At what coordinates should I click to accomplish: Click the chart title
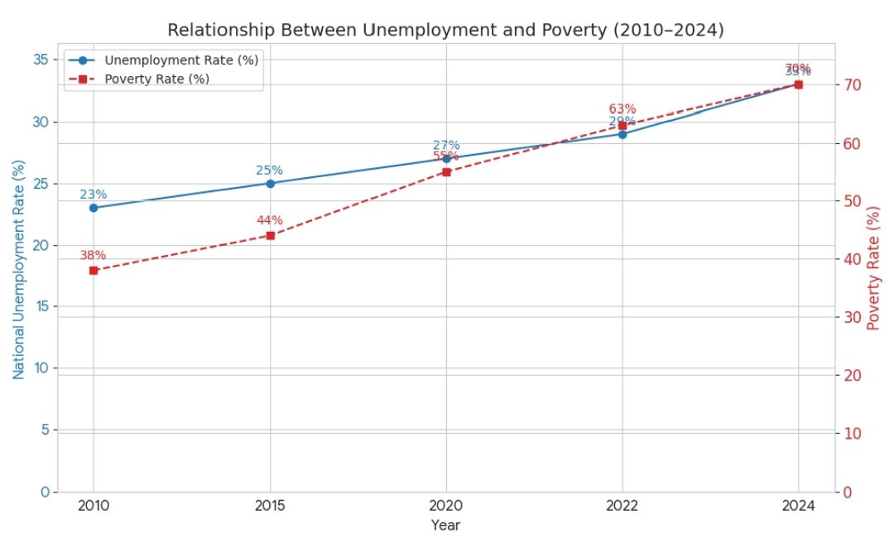coord(445,31)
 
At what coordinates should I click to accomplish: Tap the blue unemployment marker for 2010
coord(94,208)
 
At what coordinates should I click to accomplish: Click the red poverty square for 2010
coord(94,271)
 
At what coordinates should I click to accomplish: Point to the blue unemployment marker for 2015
coord(270,183)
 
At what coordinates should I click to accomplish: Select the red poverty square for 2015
coord(270,235)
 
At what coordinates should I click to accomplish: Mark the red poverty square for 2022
coord(622,126)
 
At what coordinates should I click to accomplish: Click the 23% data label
coord(93,195)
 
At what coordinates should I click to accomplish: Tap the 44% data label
coord(269,220)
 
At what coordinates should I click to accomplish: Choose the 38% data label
coord(93,255)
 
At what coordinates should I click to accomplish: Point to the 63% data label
coord(622,109)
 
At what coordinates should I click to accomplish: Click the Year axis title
coord(445,525)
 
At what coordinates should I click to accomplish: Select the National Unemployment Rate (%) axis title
coord(18,271)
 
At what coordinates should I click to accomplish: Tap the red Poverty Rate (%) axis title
coord(872,271)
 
